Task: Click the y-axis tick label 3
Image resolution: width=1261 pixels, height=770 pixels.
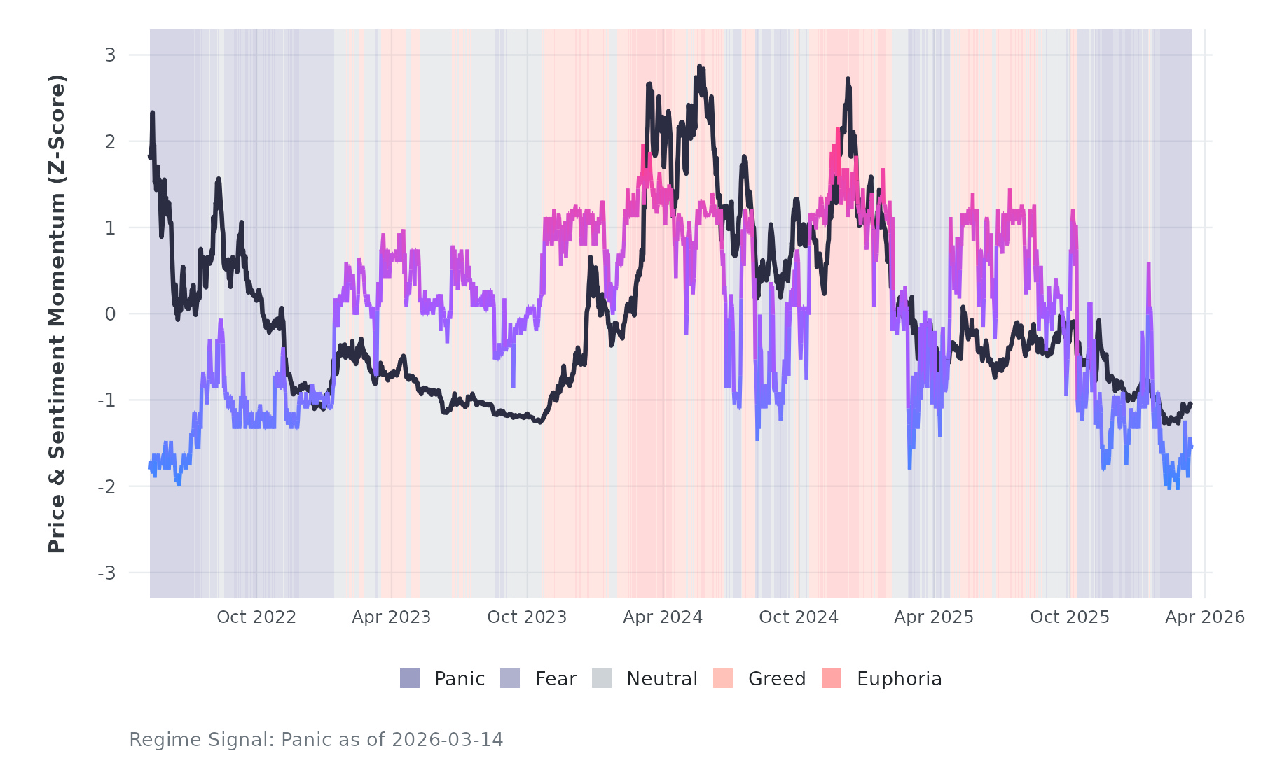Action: pos(110,55)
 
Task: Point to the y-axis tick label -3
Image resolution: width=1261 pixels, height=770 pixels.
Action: pos(106,573)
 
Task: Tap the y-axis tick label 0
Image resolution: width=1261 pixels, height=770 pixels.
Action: pos(110,314)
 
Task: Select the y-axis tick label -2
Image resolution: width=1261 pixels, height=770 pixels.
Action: pos(106,487)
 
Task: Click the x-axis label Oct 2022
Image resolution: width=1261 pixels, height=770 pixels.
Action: pos(256,617)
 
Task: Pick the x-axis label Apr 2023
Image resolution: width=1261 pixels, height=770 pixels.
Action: pos(391,617)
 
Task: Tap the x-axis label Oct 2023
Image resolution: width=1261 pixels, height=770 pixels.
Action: pos(527,617)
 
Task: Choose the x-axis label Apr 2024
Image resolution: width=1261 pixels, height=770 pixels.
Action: pos(663,617)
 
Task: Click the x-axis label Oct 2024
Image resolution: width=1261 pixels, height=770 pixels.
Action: pos(799,617)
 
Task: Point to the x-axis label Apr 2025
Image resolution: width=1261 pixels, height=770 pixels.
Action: pos(934,617)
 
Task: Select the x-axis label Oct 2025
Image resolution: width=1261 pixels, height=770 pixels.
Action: pos(1070,617)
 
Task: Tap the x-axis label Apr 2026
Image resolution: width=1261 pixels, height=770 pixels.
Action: pos(1205,617)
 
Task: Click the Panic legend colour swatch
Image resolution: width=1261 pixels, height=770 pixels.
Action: pos(410,678)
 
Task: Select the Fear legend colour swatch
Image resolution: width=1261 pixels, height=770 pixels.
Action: pos(510,678)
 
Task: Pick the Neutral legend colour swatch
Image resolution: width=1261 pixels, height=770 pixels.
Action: pos(602,678)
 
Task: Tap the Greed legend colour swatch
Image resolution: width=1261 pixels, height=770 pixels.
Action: pos(723,678)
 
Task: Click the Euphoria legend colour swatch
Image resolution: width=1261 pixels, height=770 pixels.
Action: pos(832,678)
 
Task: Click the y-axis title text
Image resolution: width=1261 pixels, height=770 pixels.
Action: pos(57,314)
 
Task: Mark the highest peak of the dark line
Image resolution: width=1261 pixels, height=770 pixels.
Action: pos(699,66)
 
